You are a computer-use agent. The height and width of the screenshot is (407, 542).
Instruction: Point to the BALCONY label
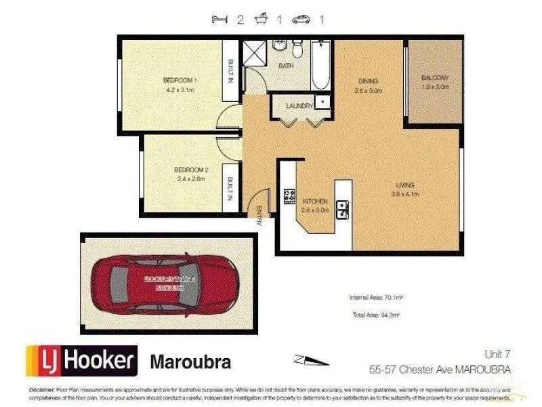pos(434,77)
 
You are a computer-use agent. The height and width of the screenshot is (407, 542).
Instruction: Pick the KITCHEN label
pos(315,201)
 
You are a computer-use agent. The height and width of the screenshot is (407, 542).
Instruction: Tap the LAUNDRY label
pos(299,106)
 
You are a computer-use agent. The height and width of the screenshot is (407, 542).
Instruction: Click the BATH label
pos(286,66)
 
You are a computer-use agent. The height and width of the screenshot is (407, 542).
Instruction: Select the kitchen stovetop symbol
pos(289,197)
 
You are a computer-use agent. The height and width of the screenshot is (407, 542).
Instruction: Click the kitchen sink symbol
pos(343,207)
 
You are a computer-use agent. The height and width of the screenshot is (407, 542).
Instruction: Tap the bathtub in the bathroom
pos(321,64)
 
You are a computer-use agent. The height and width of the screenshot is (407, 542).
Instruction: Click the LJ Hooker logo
pos(81,360)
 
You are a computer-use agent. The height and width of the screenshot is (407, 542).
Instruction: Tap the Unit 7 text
pos(498,353)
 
